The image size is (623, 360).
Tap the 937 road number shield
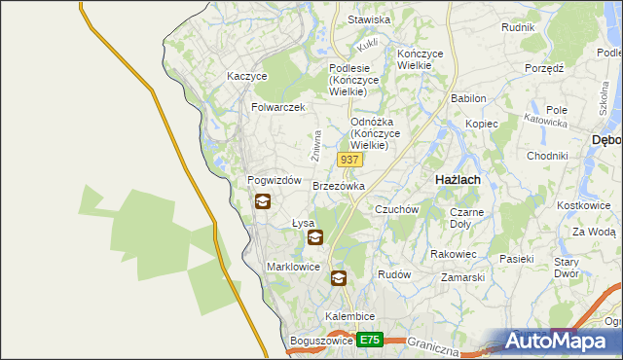(x=349, y=159)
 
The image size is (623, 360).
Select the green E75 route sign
(x=369, y=340)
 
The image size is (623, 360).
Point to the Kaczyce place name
(x=246, y=75)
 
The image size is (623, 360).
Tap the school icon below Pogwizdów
(x=263, y=202)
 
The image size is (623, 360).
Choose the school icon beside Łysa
(x=314, y=236)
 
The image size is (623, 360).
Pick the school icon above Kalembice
(x=338, y=278)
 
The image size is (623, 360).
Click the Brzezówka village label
(x=339, y=185)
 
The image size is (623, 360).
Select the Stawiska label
(x=370, y=19)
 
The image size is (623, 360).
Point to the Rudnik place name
(x=518, y=27)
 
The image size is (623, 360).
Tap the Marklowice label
(x=293, y=266)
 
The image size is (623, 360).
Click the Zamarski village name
(x=462, y=277)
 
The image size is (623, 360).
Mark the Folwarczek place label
(x=278, y=107)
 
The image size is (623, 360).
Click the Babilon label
(x=468, y=98)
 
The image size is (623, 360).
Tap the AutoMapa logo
(x=559, y=342)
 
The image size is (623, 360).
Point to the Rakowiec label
(x=453, y=254)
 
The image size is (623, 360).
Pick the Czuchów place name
(x=396, y=209)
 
